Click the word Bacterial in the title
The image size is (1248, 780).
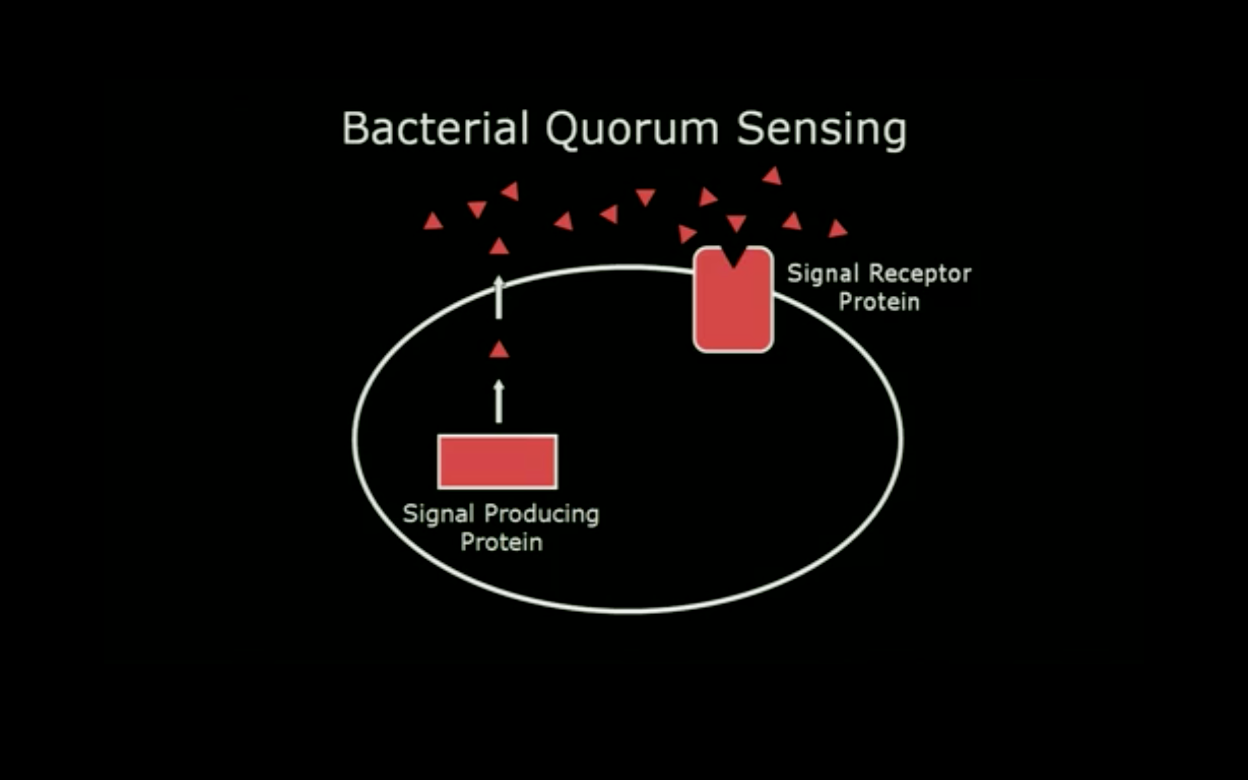click(435, 129)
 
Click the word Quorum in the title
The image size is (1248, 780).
click(632, 130)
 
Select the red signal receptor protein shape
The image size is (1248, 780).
click(733, 309)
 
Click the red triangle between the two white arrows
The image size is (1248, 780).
click(499, 350)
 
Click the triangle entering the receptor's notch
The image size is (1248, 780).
click(736, 223)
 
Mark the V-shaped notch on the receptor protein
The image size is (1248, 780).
click(733, 258)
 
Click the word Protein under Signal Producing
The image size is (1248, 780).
click(501, 543)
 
